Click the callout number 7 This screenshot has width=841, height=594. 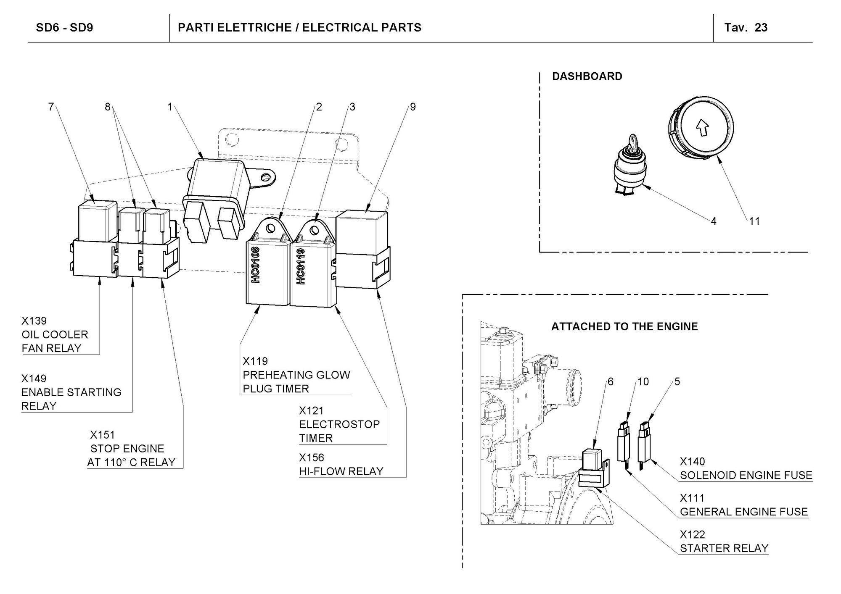tap(51, 107)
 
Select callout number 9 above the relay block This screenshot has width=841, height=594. tap(413, 107)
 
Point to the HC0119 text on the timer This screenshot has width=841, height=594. tap(301, 266)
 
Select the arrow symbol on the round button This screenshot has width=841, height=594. tap(702, 127)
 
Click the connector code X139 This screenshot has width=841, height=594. tap(34, 321)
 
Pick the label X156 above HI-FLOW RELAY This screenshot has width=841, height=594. tap(312, 457)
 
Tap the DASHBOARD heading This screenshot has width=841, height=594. tap(587, 76)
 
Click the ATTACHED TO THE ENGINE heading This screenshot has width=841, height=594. tap(624, 326)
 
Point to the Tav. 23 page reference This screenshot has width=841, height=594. tap(746, 28)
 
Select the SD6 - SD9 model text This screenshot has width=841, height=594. tap(64, 28)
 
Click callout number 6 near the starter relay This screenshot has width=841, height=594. tap(611, 381)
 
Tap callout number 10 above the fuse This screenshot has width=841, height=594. tap(643, 381)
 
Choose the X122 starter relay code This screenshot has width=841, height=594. tap(692, 534)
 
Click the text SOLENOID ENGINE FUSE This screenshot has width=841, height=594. tap(746, 475)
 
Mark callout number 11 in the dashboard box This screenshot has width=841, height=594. tap(755, 221)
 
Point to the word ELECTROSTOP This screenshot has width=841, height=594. tap(339, 424)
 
